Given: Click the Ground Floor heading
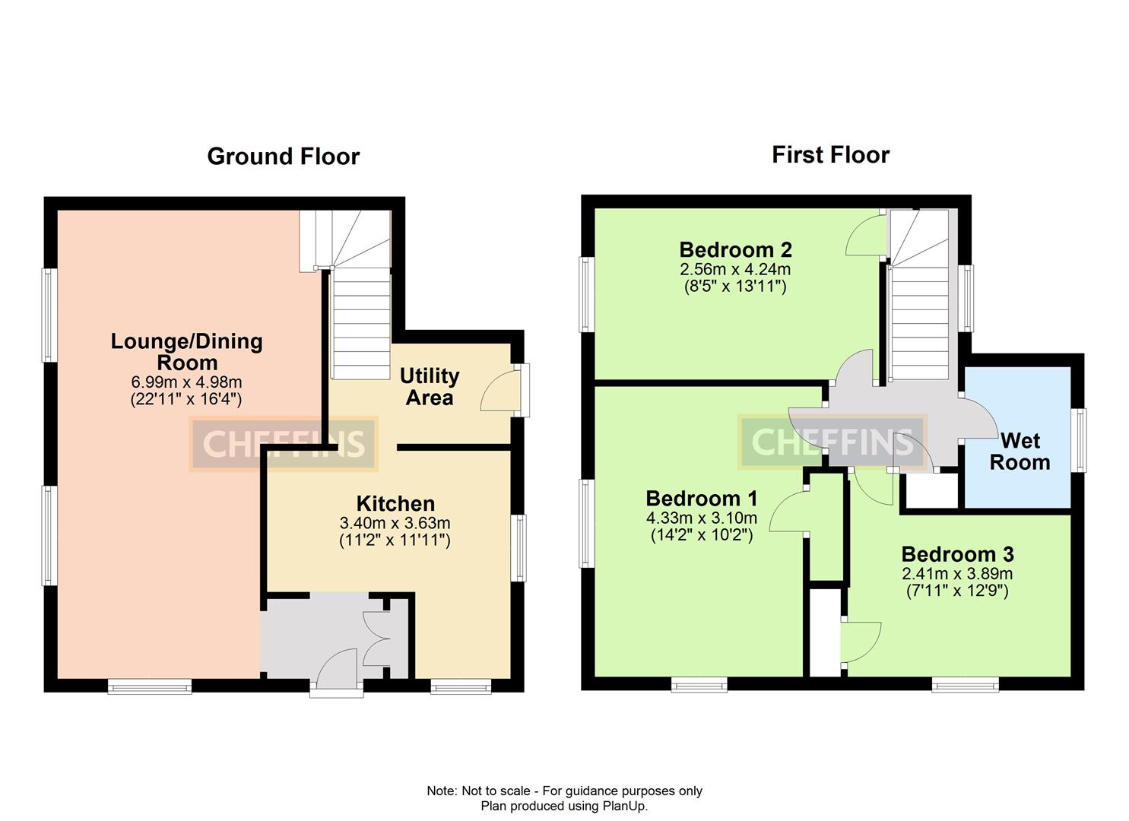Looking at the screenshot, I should tap(283, 157).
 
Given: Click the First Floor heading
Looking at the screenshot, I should tap(830, 155).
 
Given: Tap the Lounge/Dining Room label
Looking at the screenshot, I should tap(186, 352).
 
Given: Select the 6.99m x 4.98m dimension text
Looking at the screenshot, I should tap(186, 382).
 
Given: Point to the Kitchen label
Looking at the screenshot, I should tap(395, 503).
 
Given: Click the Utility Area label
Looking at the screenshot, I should tap(430, 386).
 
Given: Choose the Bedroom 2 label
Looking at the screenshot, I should tap(735, 249).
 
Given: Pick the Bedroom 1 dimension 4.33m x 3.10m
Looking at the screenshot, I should tap(701, 518).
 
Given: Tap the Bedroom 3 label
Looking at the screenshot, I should tap(957, 554).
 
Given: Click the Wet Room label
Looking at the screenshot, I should tap(1020, 451).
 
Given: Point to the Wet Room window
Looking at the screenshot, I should tap(1078, 440).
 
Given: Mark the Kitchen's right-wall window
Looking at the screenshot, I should tap(518, 548).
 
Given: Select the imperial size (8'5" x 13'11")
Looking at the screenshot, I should tap(735, 287).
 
